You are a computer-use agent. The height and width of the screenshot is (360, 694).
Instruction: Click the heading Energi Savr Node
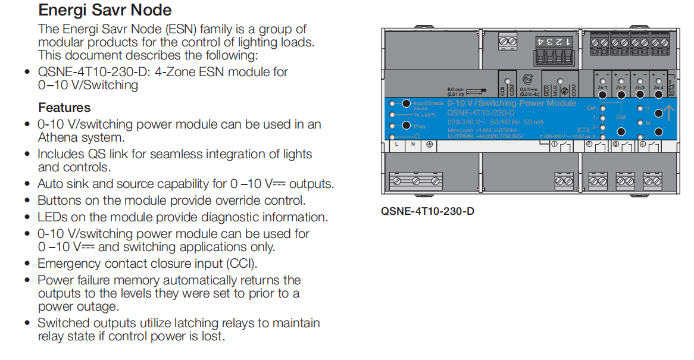pos(105,10)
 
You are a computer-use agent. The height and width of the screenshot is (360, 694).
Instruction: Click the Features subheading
pos(64,108)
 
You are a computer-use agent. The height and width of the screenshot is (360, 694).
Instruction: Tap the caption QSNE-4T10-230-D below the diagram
pos(427,211)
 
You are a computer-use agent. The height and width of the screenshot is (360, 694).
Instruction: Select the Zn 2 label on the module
pos(621,88)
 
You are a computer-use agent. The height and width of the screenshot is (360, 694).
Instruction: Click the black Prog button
pos(407,126)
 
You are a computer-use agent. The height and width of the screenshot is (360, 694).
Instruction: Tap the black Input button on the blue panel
pos(407,103)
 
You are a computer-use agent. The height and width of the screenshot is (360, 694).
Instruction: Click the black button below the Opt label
pos(621,132)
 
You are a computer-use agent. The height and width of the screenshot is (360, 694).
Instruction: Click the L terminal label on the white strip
pos(396,144)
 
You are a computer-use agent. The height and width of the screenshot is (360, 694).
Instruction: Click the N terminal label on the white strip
pos(413,144)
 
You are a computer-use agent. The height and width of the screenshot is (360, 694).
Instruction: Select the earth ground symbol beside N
pos(430,144)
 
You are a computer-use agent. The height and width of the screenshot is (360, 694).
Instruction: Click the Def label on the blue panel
pos(590,108)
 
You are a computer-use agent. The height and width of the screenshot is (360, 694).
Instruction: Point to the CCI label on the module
pos(502,92)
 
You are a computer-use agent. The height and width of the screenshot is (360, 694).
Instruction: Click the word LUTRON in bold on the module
pos(460,136)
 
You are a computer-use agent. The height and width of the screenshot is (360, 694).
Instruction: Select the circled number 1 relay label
pos(554,144)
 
